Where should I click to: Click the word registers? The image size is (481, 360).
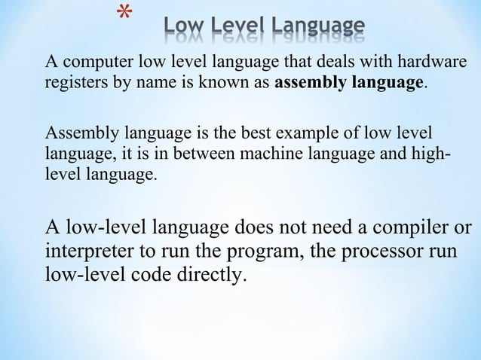[x=76, y=82]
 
